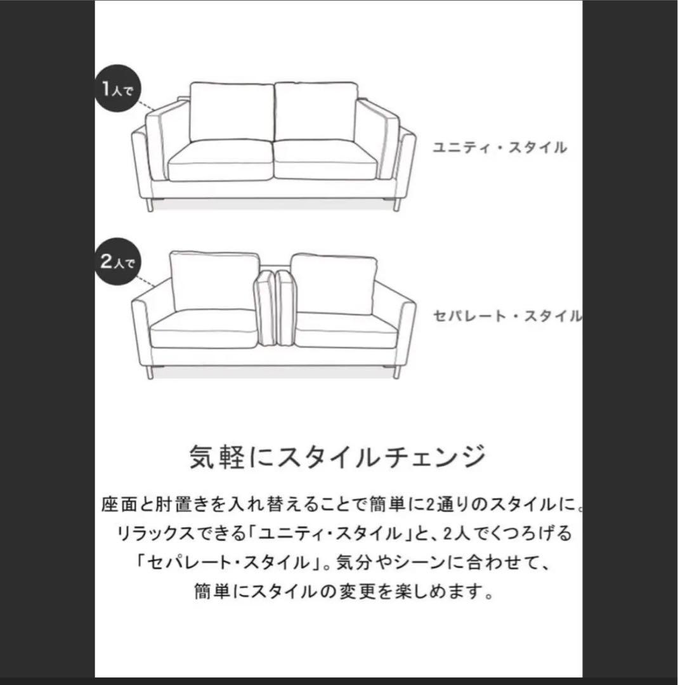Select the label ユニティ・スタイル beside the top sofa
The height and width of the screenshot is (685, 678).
point(499,148)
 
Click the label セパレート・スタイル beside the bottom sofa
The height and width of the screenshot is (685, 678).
point(507,316)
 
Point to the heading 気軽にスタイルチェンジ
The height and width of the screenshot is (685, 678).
point(338,456)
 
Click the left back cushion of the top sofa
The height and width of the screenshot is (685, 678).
point(231,112)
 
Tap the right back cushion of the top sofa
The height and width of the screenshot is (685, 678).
point(316,112)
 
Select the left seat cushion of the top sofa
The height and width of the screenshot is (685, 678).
point(219,160)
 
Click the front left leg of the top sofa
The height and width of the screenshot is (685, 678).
point(150,204)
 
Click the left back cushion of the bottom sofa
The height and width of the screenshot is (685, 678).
point(214,280)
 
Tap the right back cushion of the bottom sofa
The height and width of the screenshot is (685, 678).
point(334,283)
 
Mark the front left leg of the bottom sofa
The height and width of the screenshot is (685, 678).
point(150,372)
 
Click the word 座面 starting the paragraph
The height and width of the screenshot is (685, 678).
point(116,506)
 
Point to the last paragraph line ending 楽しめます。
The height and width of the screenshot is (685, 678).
point(343,593)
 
